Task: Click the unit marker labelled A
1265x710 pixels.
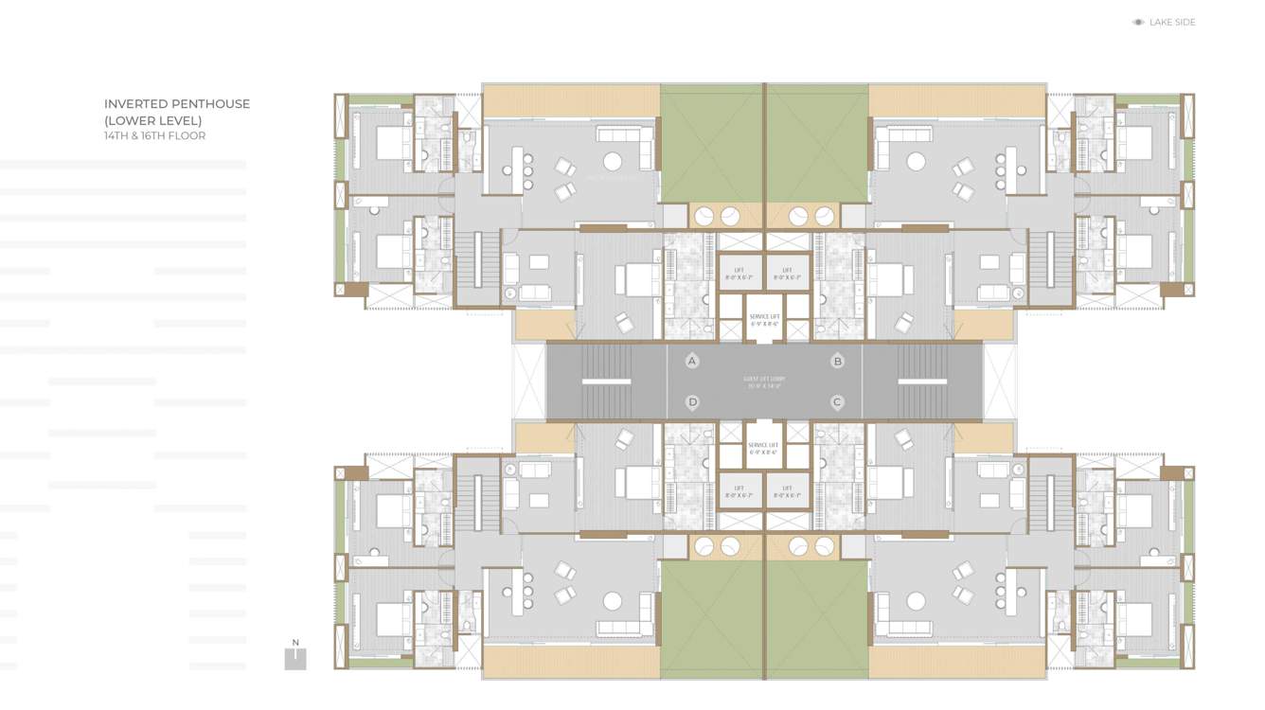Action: coord(692,361)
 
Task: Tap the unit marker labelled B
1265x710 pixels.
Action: coord(837,361)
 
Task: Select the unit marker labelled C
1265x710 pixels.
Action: coord(837,402)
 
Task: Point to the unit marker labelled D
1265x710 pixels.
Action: coord(692,402)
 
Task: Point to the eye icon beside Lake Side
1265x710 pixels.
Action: coord(1138,23)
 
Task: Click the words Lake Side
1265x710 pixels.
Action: coord(1172,23)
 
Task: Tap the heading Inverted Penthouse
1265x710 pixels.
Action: coord(177,104)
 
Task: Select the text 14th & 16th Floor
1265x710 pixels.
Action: coord(154,136)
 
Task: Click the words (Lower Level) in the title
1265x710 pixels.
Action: coord(152,120)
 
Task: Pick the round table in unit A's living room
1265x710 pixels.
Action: coord(613,161)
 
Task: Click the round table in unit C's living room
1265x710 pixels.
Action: coord(916,601)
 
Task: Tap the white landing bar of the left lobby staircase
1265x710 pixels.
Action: coord(606,382)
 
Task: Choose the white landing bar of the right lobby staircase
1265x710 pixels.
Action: coord(922,382)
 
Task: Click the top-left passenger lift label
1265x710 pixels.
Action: coord(739,274)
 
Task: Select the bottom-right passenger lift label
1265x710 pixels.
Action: coord(788,491)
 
